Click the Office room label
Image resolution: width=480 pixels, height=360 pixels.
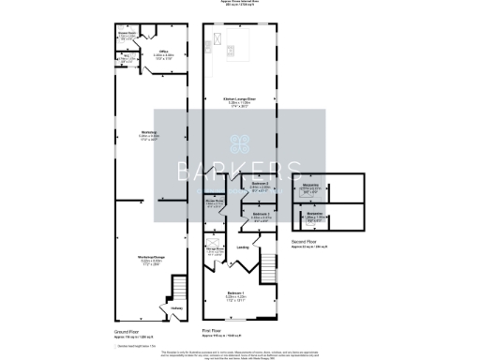click(163, 52)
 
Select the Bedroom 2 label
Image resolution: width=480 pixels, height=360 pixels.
click(260, 184)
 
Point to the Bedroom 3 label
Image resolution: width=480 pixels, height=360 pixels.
click(261, 215)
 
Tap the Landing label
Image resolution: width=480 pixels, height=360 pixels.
click(243, 247)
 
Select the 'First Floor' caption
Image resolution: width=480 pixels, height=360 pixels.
click(217, 331)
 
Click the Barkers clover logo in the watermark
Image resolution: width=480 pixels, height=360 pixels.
click(241, 143)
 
